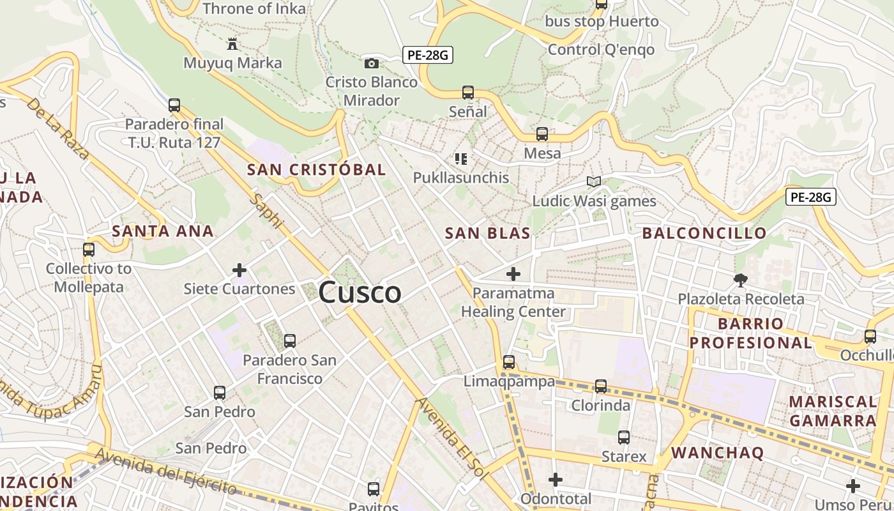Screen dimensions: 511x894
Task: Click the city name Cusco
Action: coord(360,293)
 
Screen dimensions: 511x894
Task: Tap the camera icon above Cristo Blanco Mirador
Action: coord(371,63)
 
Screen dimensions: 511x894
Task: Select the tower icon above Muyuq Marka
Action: coord(232,44)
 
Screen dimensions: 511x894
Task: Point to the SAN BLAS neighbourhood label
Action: coord(487,233)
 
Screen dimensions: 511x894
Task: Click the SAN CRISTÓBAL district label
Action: coord(316,169)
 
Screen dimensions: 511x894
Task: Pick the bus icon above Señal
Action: coord(468,93)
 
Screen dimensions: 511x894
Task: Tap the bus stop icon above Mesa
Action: coord(542,134)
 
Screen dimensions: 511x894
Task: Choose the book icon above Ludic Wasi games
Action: coord(594,182)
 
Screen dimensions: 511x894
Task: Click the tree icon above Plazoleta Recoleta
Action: coord(741,280)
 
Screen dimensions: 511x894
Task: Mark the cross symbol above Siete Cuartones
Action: coord(239,270)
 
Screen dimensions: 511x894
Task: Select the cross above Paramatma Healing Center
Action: coord(513,275)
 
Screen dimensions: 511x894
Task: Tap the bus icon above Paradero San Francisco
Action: coord(290,341)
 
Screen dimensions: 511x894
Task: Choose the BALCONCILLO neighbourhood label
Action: coord(704,233)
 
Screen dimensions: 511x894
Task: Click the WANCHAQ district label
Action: coord(717,453)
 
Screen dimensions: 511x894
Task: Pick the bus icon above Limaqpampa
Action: coord(509,362)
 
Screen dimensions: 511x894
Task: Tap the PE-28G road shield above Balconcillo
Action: coord(810,197)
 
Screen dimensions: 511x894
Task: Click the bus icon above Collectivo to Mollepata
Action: coord(89,250)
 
